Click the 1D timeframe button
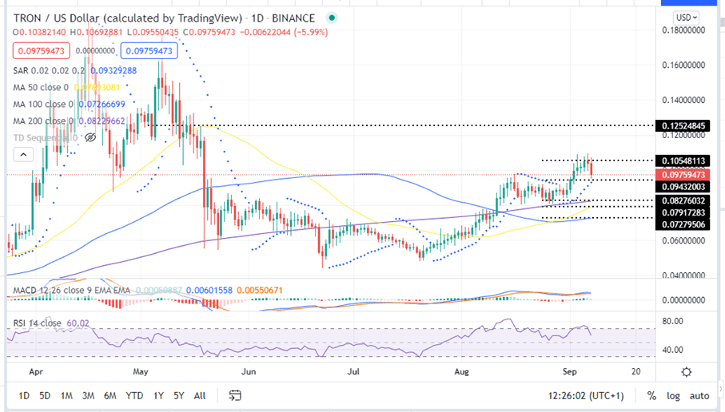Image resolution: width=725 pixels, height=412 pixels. click(24, 395)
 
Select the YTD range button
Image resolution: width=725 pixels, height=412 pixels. click(135, 395)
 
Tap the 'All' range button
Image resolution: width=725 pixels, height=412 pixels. click(199, 395)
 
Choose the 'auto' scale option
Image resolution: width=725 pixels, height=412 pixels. click(699, 395)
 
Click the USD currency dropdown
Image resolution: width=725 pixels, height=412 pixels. click(685, 17)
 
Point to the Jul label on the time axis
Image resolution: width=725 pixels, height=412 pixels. click(354, 372)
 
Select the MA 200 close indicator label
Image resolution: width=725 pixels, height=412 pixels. click(40, 121)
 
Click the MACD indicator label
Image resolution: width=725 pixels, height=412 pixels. click(24, 290)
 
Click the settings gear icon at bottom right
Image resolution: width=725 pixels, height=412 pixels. click(686, 372)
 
